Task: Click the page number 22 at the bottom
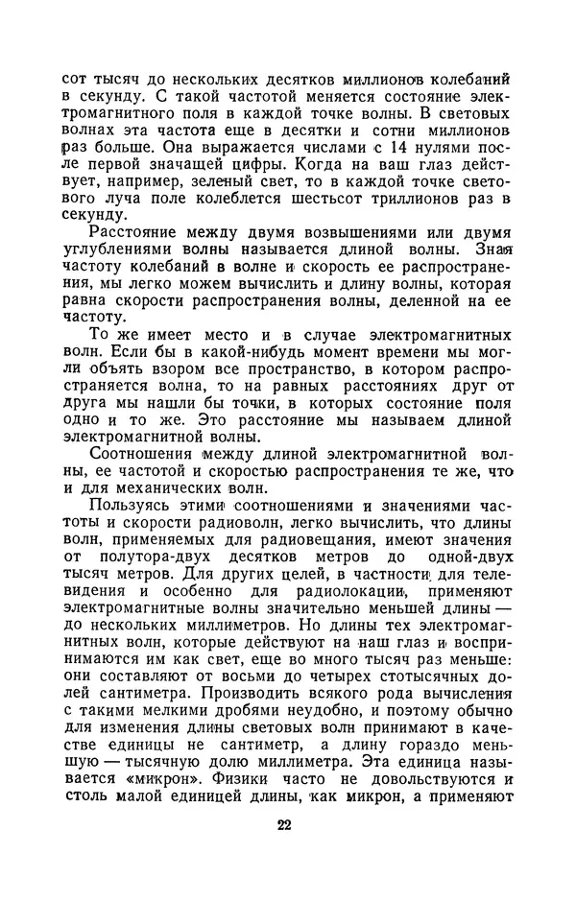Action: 282,825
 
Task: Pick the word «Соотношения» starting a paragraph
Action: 143,466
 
